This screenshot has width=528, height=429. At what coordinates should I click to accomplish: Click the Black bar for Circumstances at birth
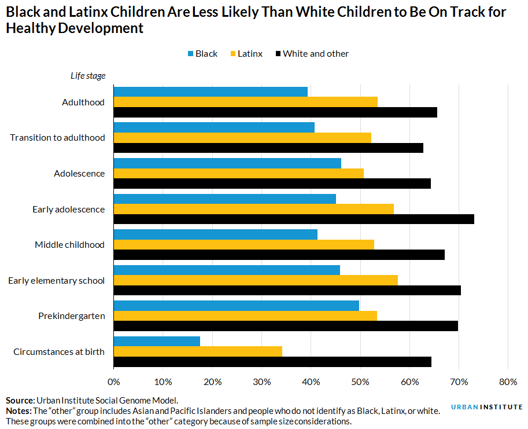click(157, 341)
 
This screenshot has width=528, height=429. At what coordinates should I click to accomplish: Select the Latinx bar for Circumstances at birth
click(198, 351)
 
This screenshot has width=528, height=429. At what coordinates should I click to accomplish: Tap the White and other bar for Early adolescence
click(294, 219)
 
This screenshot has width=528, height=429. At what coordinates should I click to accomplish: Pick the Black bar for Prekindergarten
click(237, 306)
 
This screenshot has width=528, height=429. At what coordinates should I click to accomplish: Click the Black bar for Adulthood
click(211, 91)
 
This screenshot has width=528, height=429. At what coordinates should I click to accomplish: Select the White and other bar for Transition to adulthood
click(268, 148)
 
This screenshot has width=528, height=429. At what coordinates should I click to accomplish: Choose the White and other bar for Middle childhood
click(279, 255)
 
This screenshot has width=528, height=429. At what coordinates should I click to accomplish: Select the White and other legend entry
click(316, 54)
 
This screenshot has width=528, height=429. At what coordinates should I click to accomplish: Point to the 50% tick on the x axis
click(360, 382)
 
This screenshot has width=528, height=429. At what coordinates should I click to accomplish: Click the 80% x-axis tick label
click(508, 382)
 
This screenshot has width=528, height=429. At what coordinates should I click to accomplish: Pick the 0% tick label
click(114, 382)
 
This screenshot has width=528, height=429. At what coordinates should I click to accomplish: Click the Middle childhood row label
click(69, 245)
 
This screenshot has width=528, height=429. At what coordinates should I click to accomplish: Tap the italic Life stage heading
click(84, 75)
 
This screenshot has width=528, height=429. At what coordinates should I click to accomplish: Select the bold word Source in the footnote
click(20, 400)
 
